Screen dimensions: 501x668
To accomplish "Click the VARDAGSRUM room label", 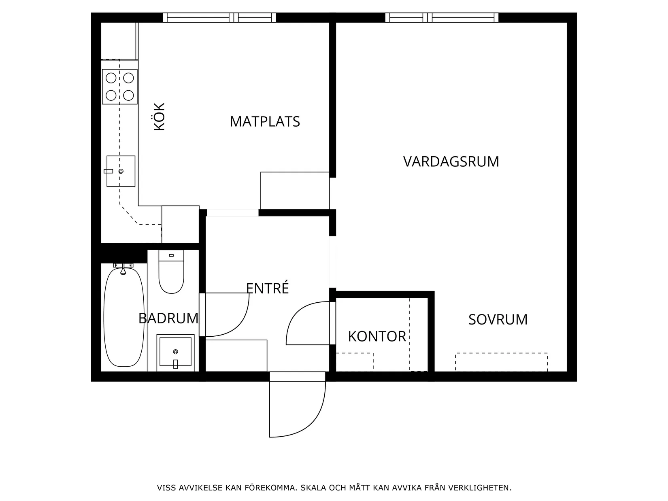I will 451,161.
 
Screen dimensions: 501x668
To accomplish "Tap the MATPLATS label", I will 265,121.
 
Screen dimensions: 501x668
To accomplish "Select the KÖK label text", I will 160,117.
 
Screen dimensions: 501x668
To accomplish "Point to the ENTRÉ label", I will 268,288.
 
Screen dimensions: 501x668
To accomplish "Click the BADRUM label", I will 168,318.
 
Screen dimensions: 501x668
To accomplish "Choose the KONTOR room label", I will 377,336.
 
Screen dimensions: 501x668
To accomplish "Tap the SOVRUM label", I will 498,320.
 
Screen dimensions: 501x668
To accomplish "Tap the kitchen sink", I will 121,171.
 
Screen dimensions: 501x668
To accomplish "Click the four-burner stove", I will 120,87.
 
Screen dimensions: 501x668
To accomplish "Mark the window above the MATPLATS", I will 219,17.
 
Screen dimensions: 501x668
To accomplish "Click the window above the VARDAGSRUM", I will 442,17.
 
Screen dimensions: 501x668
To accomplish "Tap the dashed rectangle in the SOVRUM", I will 501,362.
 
